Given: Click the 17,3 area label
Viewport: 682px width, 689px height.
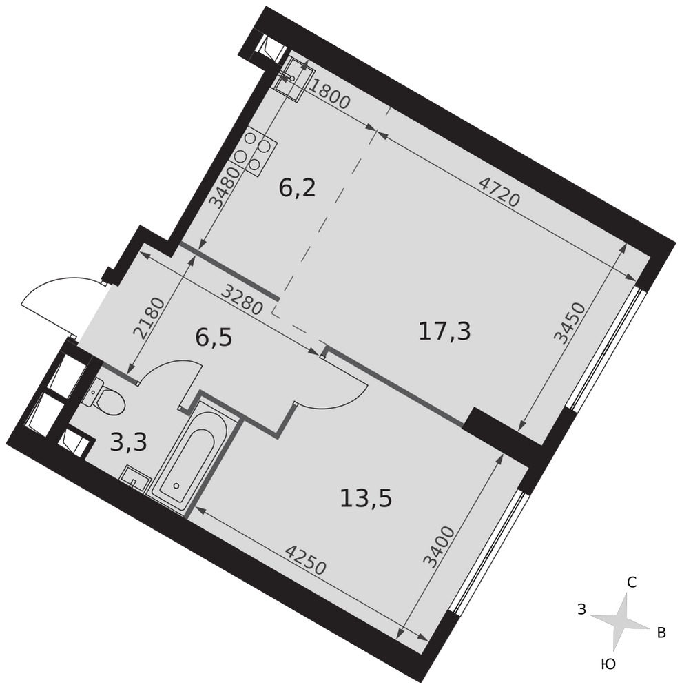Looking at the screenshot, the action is coord(444,331).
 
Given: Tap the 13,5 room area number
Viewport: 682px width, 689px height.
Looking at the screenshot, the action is coord(366,499).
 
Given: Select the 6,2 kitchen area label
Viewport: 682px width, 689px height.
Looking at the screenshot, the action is coord(298,189).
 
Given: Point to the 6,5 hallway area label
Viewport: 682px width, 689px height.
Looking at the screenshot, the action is coord(213,339).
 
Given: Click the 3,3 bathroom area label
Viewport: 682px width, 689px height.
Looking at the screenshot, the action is coord(128,442).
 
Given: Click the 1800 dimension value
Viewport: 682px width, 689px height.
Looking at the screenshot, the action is coord(329,96).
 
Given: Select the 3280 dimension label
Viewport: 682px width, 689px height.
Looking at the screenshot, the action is coord(242,299).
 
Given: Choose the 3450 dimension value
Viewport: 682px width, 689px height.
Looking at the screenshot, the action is coord(570,323).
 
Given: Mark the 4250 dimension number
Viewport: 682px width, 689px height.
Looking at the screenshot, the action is coord(307,559).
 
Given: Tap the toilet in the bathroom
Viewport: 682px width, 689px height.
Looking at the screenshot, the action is coord(107,395).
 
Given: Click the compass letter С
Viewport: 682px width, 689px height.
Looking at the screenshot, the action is coord(632,583).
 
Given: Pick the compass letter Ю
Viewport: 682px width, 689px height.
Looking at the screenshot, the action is coord(608,665).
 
